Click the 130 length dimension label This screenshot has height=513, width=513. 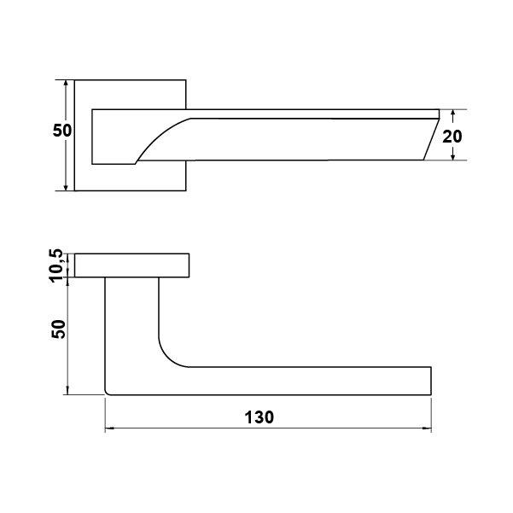coord(259,417)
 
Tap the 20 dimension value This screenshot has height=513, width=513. coord(452,137)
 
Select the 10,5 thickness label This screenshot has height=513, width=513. coord(56,265)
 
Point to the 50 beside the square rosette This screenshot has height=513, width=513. coord(62,131)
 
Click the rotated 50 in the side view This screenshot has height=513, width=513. coord(59,329)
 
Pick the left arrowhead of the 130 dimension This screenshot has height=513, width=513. coord(109,428)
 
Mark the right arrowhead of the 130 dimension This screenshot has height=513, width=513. coord(427,428)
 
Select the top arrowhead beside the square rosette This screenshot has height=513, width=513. coord(66,85)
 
